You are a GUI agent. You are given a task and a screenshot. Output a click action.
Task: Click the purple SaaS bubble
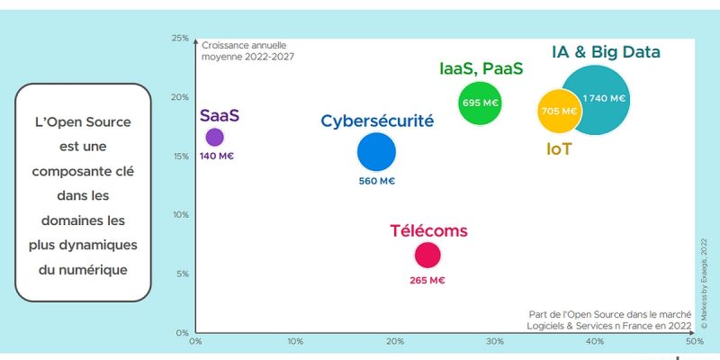(x=214, y=137)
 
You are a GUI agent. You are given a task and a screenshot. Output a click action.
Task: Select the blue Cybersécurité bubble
(x=376, y=152)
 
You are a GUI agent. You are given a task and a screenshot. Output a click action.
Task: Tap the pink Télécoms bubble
(x=427, y=255)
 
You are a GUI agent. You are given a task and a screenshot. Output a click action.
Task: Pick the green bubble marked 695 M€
(x=480, y=103)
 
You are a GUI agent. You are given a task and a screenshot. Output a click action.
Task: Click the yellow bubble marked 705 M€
(x=557, y=112)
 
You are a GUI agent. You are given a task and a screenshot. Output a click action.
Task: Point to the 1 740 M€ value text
(x=605, y=98)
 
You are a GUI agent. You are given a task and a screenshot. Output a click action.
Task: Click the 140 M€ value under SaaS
(x=217, y=157)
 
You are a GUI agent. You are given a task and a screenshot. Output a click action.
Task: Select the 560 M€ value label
(x=376, y=181)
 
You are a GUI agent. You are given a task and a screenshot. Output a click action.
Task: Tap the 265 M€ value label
(x=427, y=280)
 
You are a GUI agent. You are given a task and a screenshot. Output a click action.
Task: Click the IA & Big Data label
(x=607, y=52)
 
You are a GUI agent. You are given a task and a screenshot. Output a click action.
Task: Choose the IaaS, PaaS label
(x=481, y=68)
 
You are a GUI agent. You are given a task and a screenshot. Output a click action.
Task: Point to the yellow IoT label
(x=559, y=148)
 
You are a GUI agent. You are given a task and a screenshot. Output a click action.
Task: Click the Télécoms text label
(x=428, y=230)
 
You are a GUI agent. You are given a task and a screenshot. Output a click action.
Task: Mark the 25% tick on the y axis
(x=180, y=39)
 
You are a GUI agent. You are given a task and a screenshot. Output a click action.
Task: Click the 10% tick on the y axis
(x=180, y=214)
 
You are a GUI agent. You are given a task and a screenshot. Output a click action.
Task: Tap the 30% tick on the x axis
(x=494, y=342)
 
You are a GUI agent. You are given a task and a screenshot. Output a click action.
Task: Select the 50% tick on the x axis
(x=694, y=342)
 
